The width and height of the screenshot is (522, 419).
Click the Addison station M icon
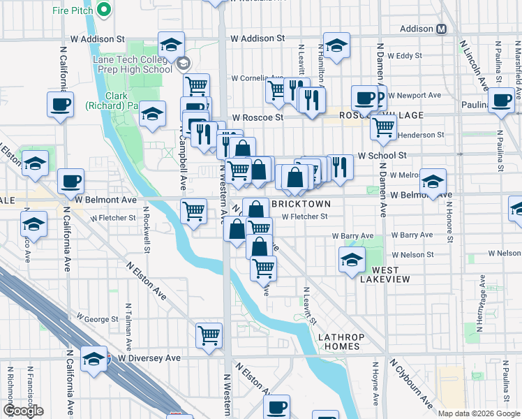(441, 29)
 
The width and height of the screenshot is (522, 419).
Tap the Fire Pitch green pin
(103, 10)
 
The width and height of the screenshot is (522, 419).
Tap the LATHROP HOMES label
(339, 341)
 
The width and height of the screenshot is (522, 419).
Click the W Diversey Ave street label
(149, 358)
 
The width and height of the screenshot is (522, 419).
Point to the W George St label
(98, 319)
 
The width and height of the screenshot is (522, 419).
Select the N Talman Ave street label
(129, 327)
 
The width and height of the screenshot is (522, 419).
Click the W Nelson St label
(408, 255)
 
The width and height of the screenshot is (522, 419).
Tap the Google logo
(24, 411)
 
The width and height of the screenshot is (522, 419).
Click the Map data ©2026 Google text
(478, 413)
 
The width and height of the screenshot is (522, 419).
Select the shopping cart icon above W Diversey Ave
(209, 335)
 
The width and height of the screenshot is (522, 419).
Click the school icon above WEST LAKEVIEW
(352, 260)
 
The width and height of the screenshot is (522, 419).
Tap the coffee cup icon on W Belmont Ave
(71, 182)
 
